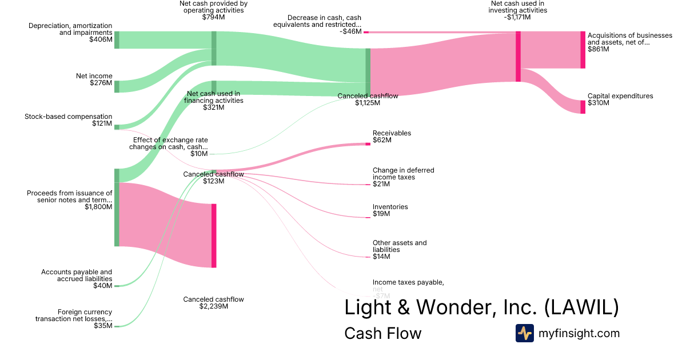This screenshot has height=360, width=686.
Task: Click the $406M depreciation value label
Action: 101,40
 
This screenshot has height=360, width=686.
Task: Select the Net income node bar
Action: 117,86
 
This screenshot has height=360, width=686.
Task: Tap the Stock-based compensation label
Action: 68,117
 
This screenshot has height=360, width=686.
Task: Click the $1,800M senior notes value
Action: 98,207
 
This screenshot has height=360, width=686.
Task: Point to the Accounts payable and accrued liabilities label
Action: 77,275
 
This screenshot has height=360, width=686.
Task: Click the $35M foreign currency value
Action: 103,326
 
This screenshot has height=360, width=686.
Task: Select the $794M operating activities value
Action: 213,17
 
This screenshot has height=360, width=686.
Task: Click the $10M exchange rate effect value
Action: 199,154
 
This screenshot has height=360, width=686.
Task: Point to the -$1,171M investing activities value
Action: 518,17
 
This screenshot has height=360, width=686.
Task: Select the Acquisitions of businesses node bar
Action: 583,50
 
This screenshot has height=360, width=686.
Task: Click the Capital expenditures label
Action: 620,96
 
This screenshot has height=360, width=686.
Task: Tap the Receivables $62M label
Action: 392,137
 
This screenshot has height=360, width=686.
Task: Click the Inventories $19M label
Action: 390,210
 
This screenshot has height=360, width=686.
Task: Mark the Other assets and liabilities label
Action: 400,246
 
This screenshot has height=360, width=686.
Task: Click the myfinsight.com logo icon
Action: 524,333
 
